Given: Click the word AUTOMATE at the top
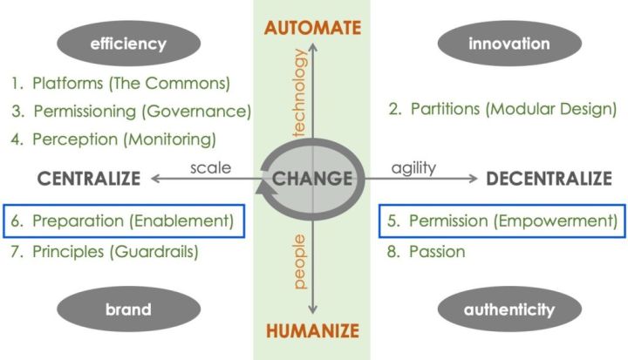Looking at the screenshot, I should coord(312,28).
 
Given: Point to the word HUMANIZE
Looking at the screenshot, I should coord(312,331).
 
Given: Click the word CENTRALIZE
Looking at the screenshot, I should coord(89,180).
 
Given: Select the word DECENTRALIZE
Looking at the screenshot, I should coord(549,180).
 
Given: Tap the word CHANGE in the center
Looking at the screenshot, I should coord(312,180).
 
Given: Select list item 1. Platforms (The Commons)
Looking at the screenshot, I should coord(120,85).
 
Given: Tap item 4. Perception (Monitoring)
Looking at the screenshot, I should coord(113,138).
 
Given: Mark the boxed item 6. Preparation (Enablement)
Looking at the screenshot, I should coord(123,221).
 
